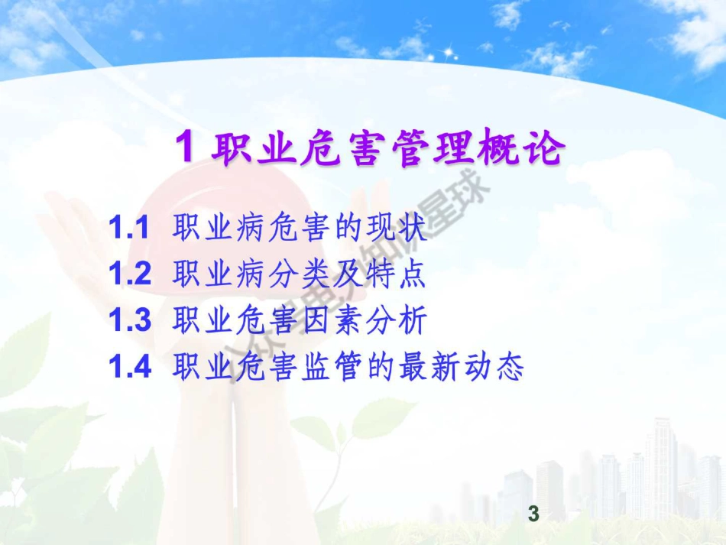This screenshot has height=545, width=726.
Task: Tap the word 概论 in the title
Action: [x=529, y=148]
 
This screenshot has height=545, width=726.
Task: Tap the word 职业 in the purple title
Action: [x=243, y=148]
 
